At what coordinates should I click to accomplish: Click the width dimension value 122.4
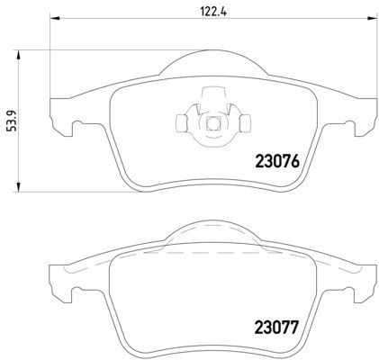(x=212, y=12)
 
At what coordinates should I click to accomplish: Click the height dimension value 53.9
(x=12, y=121)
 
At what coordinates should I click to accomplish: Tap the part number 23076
(x=277, y=161)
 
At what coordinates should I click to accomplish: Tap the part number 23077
(x=276, y=328)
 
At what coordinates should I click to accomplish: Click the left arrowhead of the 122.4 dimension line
(x=55, y=18)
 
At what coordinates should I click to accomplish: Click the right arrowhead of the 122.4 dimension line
(x=372, y=18)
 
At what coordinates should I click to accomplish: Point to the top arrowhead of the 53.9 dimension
(x=18, y=56)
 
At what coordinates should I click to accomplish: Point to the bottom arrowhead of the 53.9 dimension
(x=18, y=186)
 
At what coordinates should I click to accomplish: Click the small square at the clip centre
(x=213, y=122)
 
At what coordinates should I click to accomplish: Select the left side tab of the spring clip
(x=181, y=123)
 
